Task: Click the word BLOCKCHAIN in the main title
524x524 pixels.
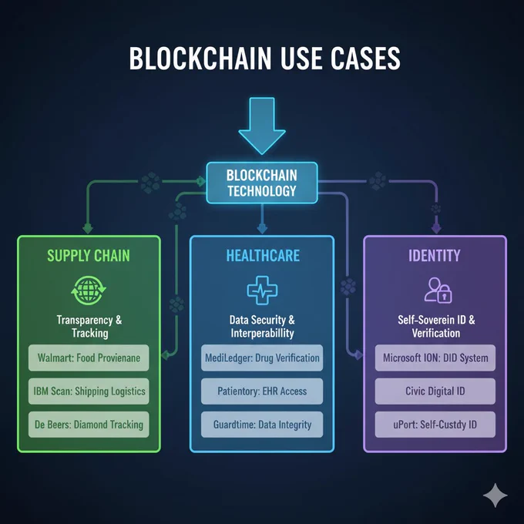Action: (200, 59)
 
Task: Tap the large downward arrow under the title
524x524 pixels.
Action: (262, 126)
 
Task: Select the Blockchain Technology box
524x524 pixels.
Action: (262, 183)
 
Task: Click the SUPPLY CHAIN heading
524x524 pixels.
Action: (89, 256)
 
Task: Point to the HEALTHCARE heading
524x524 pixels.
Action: (263, 256)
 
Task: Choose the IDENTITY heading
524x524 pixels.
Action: (435, 256)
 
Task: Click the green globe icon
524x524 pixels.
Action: (89, 291)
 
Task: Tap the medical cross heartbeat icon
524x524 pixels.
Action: (262, 291)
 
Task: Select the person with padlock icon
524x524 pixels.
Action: (438, 290)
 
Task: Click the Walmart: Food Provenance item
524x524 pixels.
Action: (89, 358)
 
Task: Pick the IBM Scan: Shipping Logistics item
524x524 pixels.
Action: (89, 391)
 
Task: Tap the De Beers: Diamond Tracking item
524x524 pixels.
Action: (89, 425)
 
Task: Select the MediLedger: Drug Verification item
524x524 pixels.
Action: (262, 358)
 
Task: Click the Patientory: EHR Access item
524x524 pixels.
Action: (262, 391)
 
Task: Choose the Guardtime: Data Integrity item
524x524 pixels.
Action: (262, 425)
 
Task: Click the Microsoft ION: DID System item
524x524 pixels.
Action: (435, 358)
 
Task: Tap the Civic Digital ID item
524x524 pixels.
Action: (435, 391)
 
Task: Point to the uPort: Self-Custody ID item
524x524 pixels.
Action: (435, 425)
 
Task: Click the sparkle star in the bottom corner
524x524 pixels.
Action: (495, 495)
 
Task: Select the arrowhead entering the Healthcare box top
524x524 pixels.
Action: (262, 230)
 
